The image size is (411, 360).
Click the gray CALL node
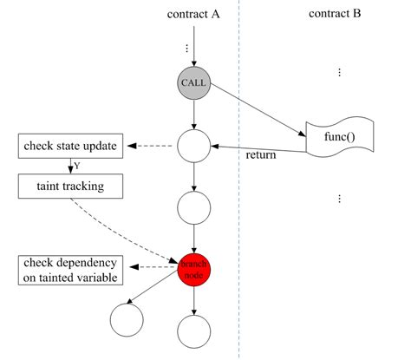point(194,84)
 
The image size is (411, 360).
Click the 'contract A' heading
point(194,16)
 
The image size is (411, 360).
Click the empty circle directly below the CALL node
point(194,145)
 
